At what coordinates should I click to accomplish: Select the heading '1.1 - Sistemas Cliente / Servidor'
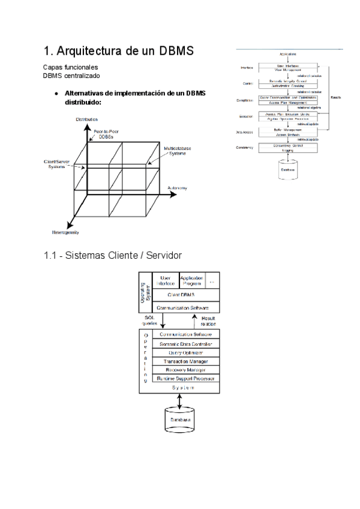point(113,256)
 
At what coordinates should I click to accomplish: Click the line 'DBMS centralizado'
point(71,76)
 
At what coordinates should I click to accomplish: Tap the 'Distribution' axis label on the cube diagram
point(88,120)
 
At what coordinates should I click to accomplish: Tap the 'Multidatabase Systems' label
point(177,151)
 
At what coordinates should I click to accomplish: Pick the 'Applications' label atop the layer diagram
point(289,55)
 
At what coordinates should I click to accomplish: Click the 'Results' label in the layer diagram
point(336,97)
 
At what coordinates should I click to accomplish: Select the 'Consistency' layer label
point(247,147)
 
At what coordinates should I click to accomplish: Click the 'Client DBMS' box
point(184,295)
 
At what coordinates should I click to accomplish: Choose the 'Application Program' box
point(192,280)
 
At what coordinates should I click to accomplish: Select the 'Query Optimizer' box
point(185,352)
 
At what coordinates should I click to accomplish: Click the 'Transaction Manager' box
point(185,361)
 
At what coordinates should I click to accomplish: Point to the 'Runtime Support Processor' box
point(185,379)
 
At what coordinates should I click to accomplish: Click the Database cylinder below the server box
point(179,420)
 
